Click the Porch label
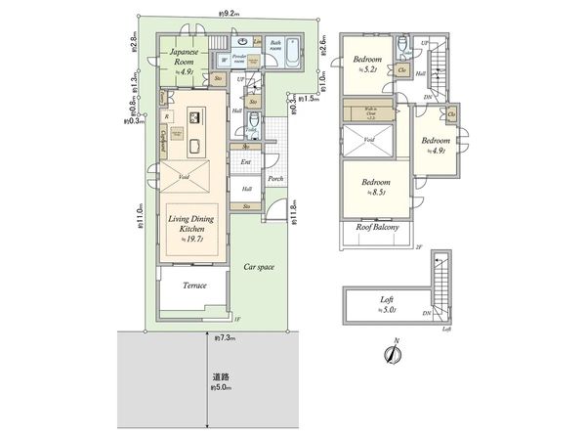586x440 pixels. pos(275,179)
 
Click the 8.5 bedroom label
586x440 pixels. pos(376,186)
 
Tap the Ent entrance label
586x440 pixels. pos(246,162)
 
